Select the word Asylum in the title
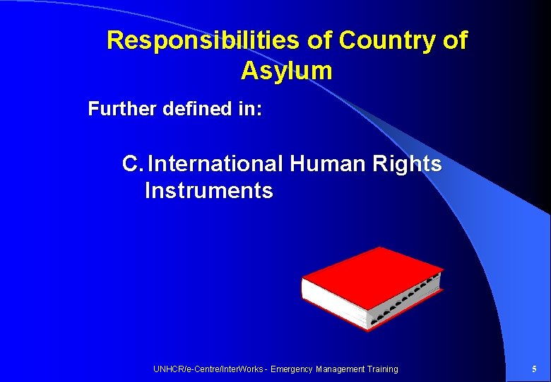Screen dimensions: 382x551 click(x=286, y=71)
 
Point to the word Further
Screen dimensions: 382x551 click(x=122, y=109)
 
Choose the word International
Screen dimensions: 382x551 click(x=215, y=164)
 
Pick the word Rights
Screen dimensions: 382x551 click(x=408, y=164)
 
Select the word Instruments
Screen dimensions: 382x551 click(x=208, y=191)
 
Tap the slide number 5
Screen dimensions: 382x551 click(x=533, y=369)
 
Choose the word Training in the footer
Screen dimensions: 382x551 click(x=382, y=369)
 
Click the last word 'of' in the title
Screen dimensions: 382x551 click(x=454, y=41)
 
